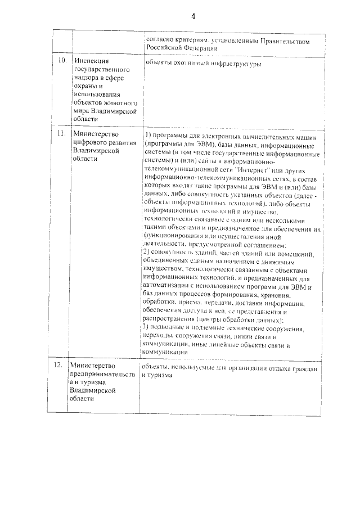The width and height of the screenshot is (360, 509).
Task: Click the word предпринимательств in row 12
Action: [101, 375]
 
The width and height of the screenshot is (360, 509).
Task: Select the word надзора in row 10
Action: [87, 78]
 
